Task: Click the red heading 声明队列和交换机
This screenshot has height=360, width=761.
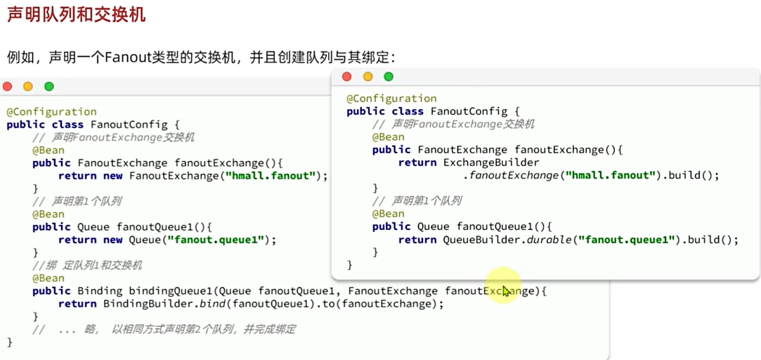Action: point(77,14)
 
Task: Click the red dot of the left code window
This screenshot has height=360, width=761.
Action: point(8,86)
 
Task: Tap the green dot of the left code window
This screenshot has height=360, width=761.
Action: point(49,86)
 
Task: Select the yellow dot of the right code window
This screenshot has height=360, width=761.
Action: point(368,77)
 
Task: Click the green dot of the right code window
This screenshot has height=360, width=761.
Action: point(389,77)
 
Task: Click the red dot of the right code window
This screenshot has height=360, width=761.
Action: point(346,77)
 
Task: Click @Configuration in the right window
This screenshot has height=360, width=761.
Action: point(391,98)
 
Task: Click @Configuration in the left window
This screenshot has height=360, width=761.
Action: point(51,112)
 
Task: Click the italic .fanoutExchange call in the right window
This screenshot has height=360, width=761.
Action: point(513,176)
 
